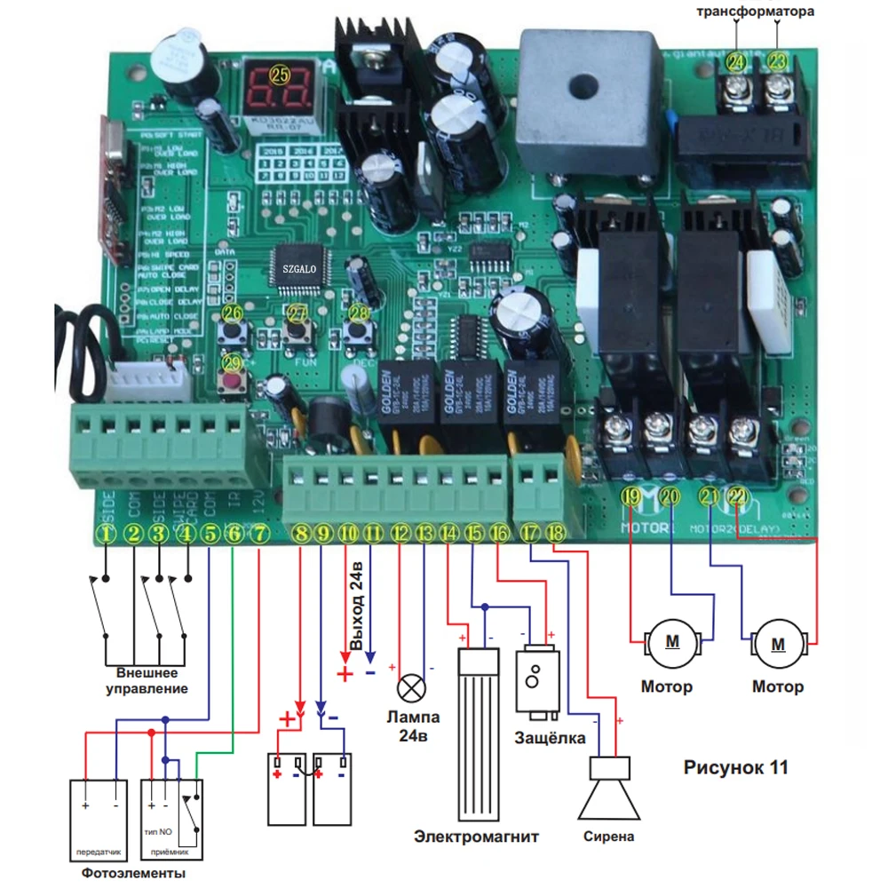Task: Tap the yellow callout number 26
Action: point(233,313)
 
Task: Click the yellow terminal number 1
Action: point(107,534)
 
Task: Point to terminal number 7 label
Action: point(258,534)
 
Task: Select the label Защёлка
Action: point(551,738)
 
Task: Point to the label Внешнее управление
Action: point(146,679)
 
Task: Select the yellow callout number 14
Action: point(449,534)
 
